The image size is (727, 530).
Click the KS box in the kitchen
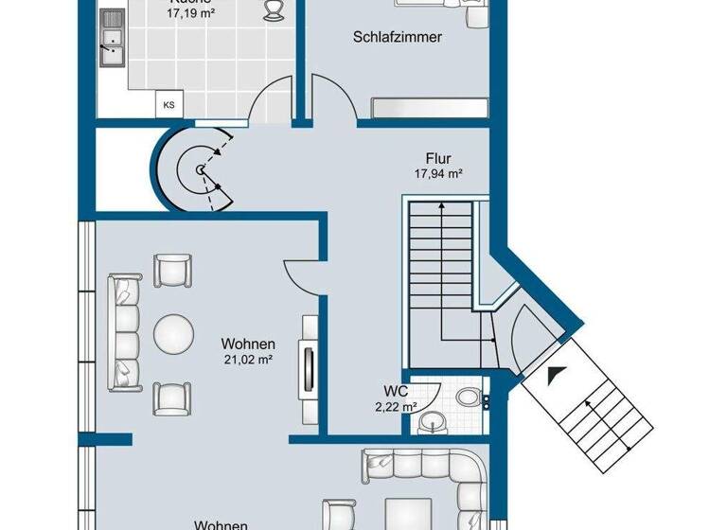click(169, 105)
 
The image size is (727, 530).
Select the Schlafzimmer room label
click(398, 38)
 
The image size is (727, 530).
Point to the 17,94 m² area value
click(437, 174)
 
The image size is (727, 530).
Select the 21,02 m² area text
click(248, 360)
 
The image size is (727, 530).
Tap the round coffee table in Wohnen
click(173, 332)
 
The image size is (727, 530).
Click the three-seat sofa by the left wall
click(124, 332)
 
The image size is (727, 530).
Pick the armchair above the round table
click(172, 272)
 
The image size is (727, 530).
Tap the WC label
click(396, 390)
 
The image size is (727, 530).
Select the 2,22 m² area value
click(396, 406)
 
